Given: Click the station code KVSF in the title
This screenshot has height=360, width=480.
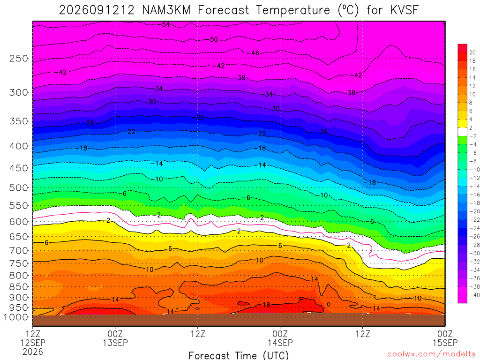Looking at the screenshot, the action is (404, 10).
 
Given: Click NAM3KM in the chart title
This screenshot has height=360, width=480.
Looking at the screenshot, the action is (166, 10).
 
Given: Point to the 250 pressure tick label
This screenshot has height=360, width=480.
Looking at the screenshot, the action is (19, 58).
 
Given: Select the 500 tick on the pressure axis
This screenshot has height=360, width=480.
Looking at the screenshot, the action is (19, 187).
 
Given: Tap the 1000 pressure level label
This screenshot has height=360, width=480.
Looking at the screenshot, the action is (16, 317).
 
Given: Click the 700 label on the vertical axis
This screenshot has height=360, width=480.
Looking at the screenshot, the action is (19, 250).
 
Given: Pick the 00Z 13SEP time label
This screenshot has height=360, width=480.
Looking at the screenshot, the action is (115, 338).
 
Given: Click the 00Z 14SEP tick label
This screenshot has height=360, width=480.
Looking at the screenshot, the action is (280, 338).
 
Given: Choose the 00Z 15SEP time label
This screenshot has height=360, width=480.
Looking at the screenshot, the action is (445, 338).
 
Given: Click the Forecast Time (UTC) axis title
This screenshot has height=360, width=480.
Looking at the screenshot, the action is (239, 355).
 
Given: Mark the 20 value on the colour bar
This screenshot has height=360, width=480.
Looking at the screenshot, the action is (472, 52).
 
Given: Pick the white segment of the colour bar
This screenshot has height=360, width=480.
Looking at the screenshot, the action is (463, 132).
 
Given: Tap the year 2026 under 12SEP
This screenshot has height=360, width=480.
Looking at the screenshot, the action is (33, 352).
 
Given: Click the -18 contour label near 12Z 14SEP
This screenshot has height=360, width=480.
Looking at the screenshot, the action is (370, 183).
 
